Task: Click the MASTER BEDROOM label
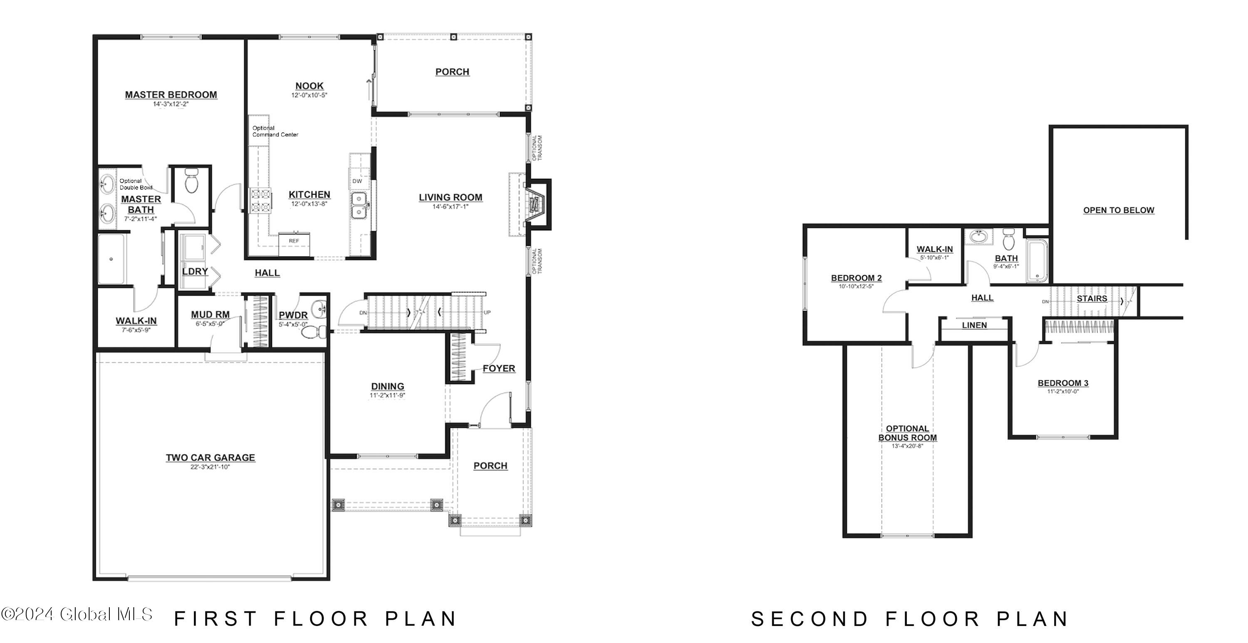point(171,95)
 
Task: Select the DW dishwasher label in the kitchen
point(357,181)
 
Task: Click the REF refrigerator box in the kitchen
point(294,244)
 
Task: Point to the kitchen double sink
point(359,205)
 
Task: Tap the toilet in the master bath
point(191,181)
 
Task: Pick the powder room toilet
point(314,332)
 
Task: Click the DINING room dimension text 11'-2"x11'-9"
point(387,396)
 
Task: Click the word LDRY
point(195,271)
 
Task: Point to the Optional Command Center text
point(275,131)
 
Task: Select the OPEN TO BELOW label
point(1119,210)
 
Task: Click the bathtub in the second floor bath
point(1037,260)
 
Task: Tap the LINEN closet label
point(974,325)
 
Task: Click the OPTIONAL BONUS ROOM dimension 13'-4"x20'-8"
point(907,446)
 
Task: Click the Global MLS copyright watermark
point(77,614)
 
